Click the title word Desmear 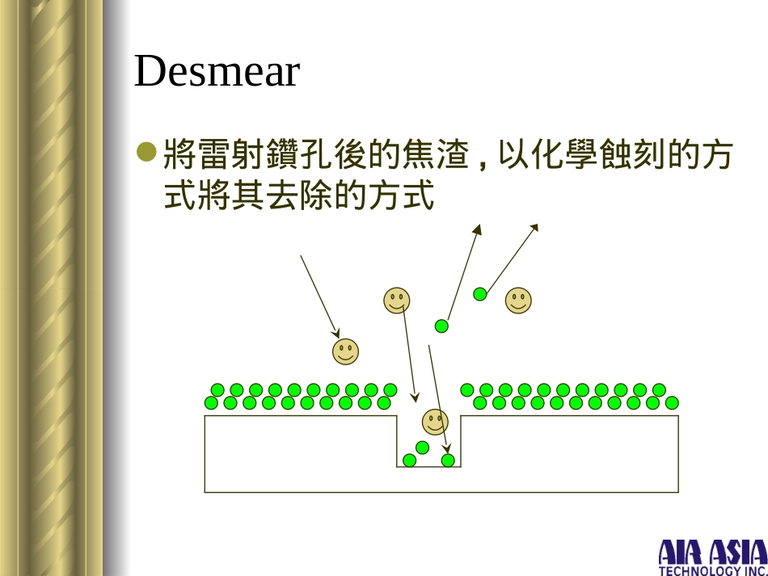217,72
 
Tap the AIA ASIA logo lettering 712,553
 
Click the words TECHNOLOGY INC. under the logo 712,570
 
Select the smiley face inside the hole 435,421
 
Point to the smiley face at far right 518,301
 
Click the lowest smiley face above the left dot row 345,351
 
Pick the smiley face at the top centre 396,301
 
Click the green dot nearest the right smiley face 479,294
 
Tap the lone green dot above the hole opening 441,326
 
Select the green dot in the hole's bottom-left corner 409,460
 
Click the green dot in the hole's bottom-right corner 448,460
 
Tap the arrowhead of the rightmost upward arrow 534,229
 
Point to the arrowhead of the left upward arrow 478,229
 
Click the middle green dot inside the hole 422,448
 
